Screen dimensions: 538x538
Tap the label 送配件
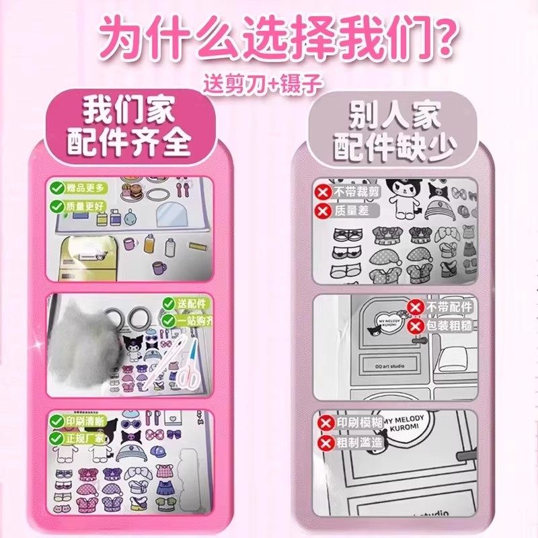190,303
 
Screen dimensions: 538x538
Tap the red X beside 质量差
322,211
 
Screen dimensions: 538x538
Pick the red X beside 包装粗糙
416,326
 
